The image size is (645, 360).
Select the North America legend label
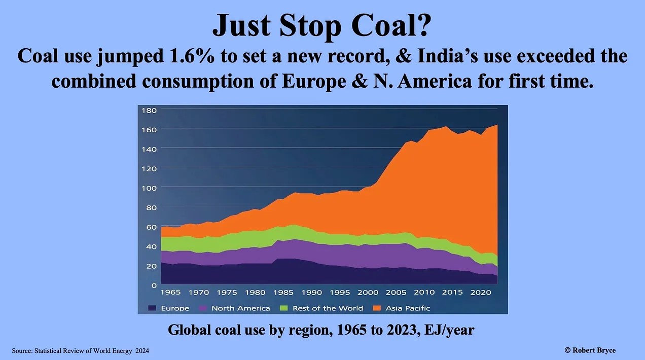coord(240,308)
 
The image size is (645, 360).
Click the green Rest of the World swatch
coord(282,308)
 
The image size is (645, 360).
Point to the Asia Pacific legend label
coord(408,308)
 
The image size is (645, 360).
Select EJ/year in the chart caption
coord(451,330)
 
